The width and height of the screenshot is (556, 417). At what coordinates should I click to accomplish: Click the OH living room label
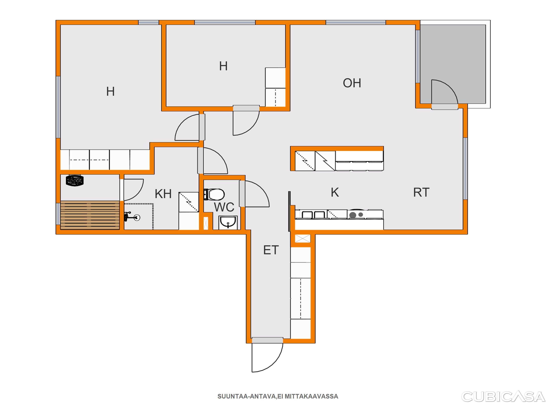pos(352,83)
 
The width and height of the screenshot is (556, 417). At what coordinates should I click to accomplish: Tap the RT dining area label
pos(421,193)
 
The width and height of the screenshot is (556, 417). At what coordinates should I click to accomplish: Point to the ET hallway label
pos(271,250)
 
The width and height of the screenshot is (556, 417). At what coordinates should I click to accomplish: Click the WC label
pos(224,207)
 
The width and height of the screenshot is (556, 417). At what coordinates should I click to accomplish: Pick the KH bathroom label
pos(163,194)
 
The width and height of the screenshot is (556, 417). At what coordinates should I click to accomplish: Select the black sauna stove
pos(75,180)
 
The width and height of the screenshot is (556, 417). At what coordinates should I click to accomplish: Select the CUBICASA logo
pos(503,397)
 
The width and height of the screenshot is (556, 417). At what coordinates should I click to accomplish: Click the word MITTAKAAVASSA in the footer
pos(311,396)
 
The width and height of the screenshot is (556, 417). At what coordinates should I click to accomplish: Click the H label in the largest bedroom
pos(110,91)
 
